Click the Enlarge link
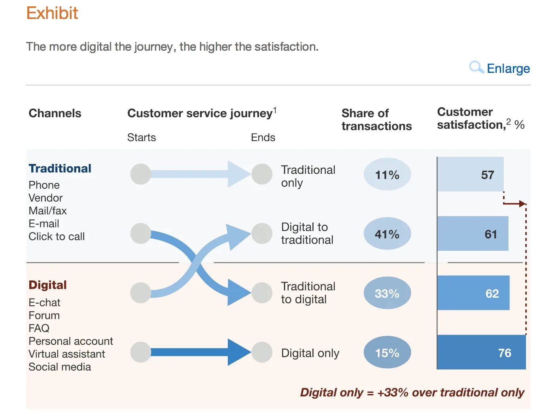508,69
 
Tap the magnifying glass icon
476,67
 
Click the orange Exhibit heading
52,13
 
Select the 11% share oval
387,175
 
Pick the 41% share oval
387,234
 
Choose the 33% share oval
387,293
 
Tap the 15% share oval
387,352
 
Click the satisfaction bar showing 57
470,175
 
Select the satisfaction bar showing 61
473,234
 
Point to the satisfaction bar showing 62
473,293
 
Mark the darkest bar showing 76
481,352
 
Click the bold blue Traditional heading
60,168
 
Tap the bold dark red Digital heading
47,285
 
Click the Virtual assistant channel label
67,354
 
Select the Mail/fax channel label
47,211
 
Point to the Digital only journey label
310,353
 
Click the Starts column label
142,137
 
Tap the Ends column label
263,137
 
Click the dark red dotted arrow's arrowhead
523,204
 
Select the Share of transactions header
376,120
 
